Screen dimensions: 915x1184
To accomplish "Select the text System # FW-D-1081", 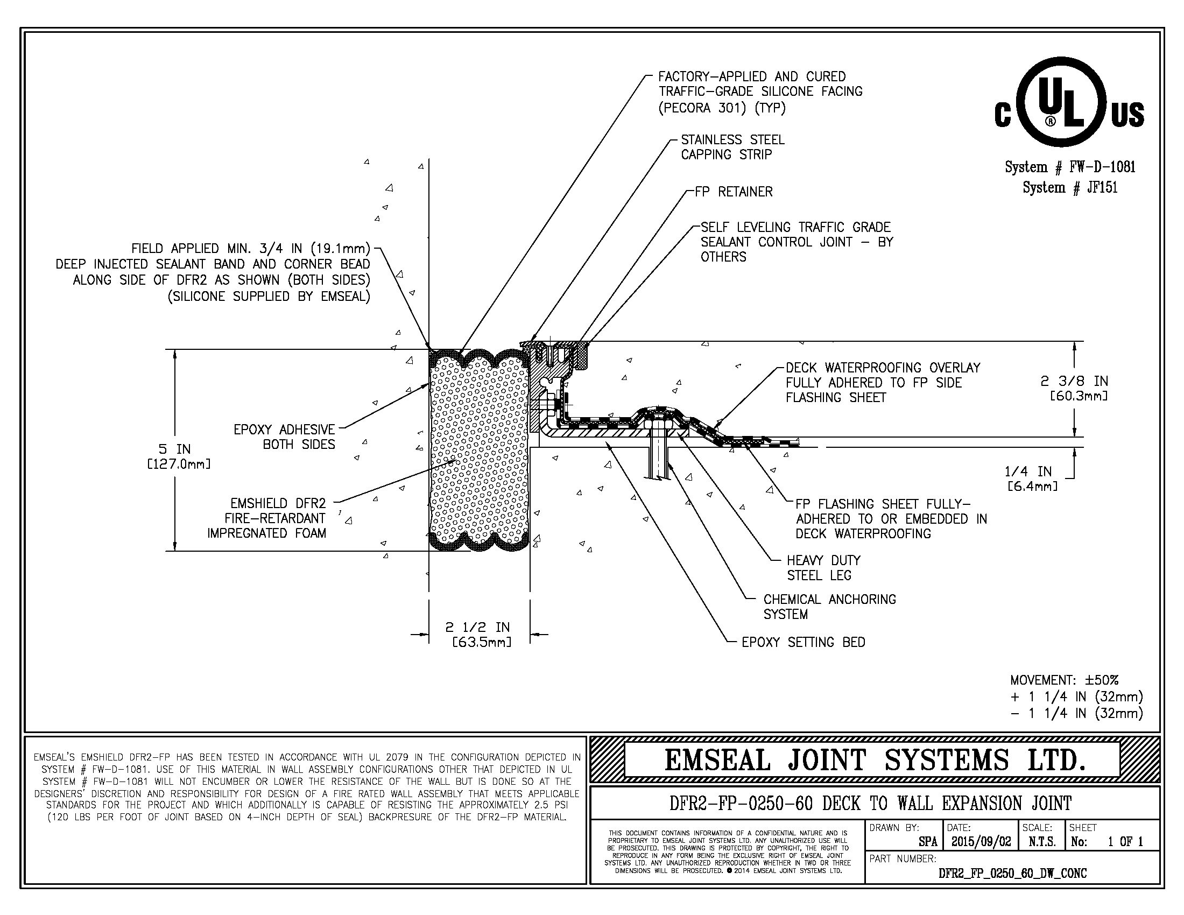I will click(1069, 167).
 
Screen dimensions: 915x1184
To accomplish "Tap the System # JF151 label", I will click(1069, 187).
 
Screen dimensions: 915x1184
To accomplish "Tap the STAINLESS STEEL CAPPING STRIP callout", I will click(732, 147).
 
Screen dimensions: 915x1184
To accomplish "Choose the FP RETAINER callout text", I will click(734, 192).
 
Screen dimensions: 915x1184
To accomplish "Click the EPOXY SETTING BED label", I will click(803, 642).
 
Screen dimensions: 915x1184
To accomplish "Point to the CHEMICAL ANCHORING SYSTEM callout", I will click(829, 607).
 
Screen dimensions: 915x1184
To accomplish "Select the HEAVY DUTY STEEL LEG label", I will click(823, 567).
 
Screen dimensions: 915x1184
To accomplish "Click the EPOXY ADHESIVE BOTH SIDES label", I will click(285, 437).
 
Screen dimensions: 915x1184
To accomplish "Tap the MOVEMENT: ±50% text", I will click(1064, 680).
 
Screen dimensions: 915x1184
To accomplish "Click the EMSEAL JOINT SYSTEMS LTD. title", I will click(875, 760).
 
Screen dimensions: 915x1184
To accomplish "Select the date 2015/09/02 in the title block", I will click(981, 842).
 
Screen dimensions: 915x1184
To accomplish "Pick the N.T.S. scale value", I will click(1041, 842).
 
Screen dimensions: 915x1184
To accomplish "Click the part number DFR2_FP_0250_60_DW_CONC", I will click(1012, 873).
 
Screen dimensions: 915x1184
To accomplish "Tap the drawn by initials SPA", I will click(928, 842).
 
